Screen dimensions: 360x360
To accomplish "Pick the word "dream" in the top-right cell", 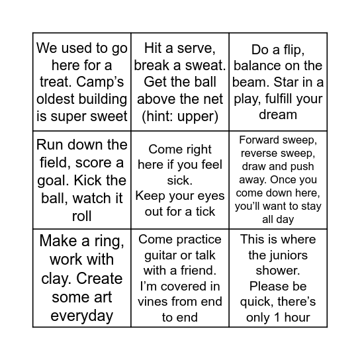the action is click(x=278, y=114).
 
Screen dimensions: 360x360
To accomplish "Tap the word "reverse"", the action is click(x=259, y=154).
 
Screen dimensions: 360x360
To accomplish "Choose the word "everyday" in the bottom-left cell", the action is click(x=81, y=316).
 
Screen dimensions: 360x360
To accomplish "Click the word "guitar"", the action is click(x=160, y=255).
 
